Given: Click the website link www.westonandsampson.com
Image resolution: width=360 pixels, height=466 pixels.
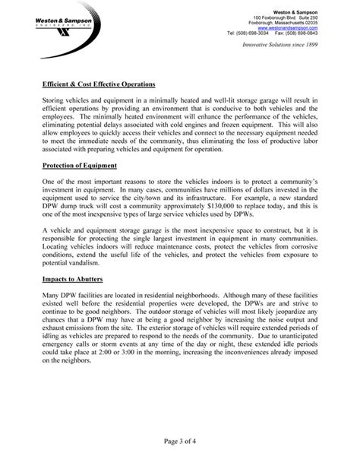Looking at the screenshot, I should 308,27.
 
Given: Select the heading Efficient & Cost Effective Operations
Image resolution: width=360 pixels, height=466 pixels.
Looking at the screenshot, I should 99,83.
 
